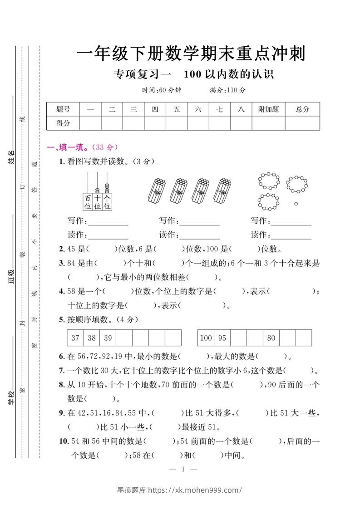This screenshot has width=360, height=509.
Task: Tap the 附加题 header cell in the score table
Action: tap(268, 109)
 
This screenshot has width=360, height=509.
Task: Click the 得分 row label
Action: tap(63, 123)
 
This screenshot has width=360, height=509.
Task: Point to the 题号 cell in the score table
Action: tap(63, 109)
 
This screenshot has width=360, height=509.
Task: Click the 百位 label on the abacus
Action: tap(88, 202)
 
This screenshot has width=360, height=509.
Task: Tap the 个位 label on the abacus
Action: tap(107, 202)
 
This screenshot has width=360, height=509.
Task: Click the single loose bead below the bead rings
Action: tap(296, 204)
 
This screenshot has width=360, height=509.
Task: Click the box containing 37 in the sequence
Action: tap(75, 338)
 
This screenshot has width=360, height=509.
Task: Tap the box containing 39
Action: tap(108, 338)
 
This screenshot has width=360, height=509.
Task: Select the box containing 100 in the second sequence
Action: tap(206, 338)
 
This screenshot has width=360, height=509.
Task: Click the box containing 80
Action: tap(271, 338)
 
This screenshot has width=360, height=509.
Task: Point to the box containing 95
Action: tap(222, 338)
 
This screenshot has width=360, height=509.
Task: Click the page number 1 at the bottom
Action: tap(181, 470)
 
